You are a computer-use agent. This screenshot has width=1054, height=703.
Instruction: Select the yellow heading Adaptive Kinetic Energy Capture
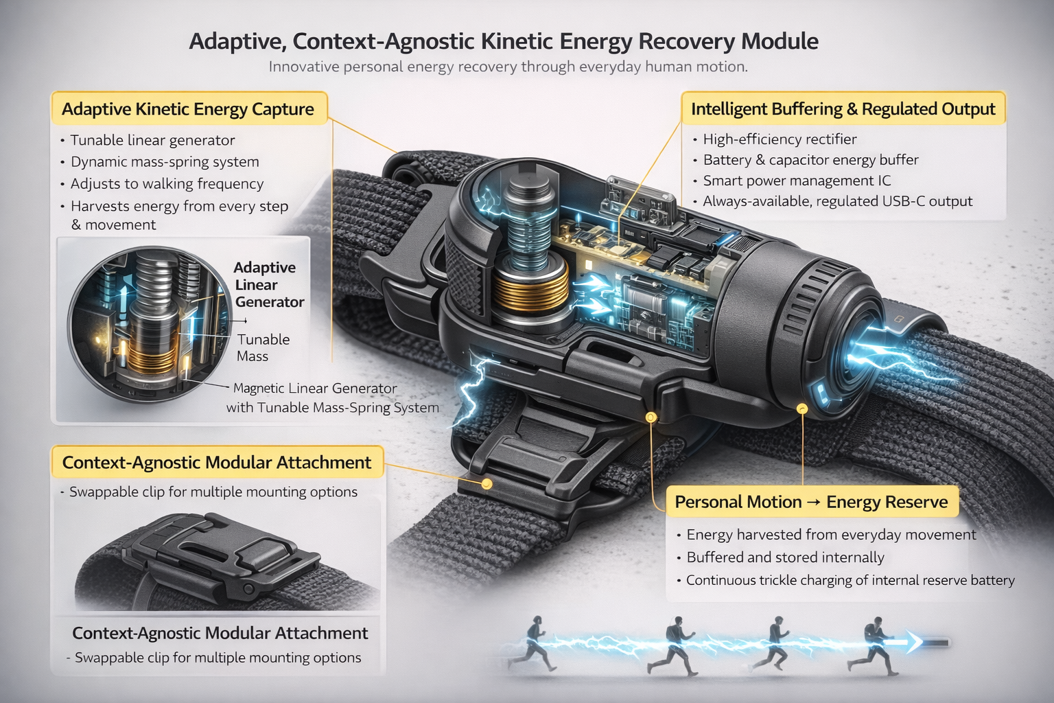[x=188, y=109]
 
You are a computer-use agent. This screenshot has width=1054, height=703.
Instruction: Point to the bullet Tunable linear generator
[x=153, y=140]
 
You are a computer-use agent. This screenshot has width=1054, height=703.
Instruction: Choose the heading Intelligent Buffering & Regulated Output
[x=843, y=109]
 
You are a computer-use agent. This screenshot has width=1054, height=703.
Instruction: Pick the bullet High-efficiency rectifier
[x=780, y=139]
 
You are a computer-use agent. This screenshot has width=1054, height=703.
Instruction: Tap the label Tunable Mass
[x=263, y=347]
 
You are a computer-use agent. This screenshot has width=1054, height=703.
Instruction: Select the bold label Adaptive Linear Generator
[x=268, y=285]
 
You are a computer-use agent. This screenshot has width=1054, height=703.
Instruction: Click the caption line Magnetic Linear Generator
[x=315, y=389]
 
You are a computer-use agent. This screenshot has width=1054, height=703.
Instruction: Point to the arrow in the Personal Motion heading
[x=813, y=503]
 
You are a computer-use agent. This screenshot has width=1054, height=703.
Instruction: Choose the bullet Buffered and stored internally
[x=785, y=557]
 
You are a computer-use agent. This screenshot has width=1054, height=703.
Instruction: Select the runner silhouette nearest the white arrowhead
[x=874, y=644]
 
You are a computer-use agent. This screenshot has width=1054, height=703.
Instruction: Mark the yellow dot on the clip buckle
[x=487, y=483]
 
